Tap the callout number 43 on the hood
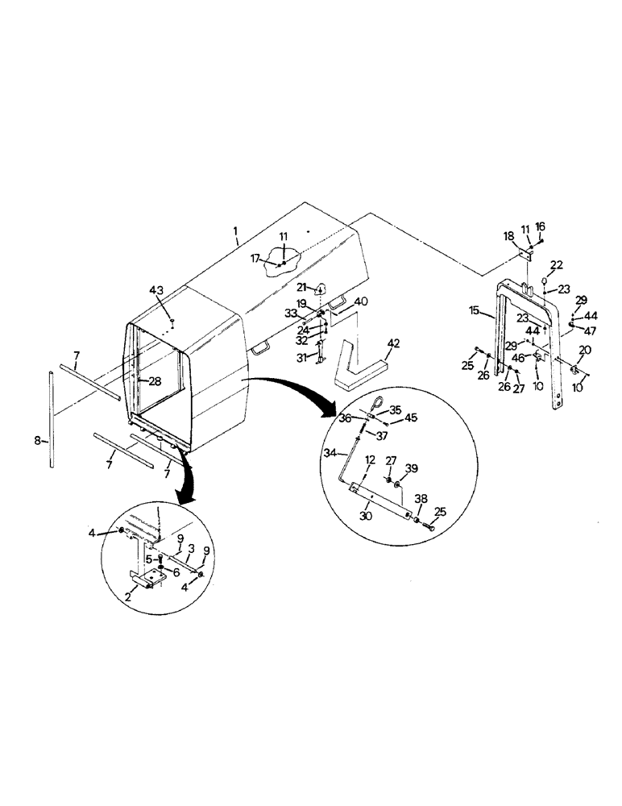[156, 289]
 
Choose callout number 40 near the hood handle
[361, 301]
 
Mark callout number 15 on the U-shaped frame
[474, 310]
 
